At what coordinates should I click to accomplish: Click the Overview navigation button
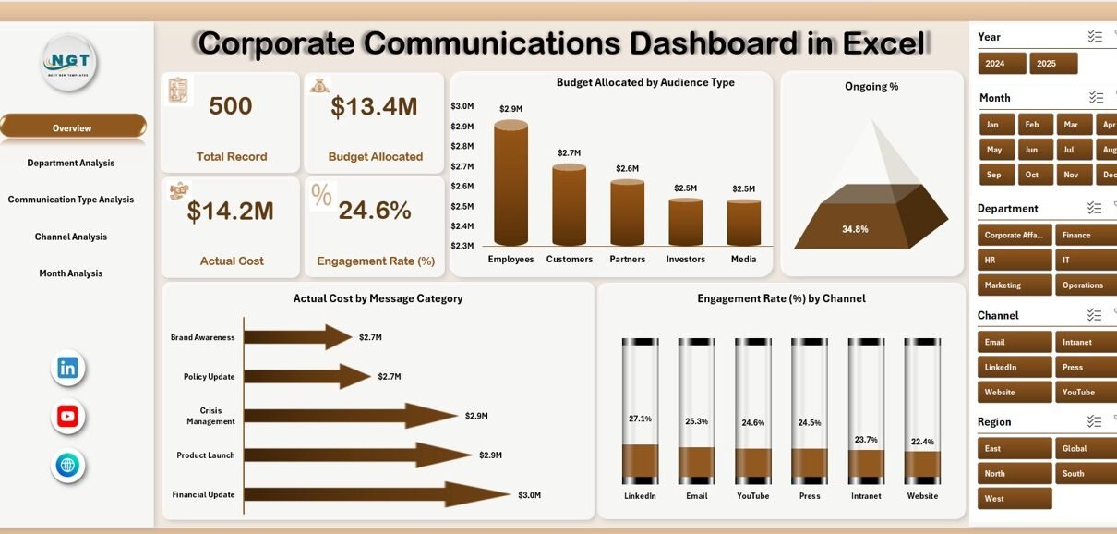pos(72,127)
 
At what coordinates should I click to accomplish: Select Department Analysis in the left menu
pos(71,163)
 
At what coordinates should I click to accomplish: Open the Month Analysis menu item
pos(71,273)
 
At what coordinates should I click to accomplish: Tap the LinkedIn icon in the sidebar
pos(67,368)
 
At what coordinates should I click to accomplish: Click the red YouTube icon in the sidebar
pos(67,417)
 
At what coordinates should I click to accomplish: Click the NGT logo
pos(68,62)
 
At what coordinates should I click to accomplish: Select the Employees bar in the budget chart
pos(510,185)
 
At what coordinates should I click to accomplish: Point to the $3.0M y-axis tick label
pos(462,106)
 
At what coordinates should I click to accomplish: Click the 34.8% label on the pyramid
pos(855,229)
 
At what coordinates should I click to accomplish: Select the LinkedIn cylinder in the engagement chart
pos(640,411)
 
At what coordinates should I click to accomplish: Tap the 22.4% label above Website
pos(922,442)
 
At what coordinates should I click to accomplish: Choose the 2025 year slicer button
pos(1053,64)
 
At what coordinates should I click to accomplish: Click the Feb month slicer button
pos(1032,125)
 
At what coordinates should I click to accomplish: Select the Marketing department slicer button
pos(1015,285)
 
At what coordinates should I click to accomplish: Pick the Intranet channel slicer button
pos(1086,342)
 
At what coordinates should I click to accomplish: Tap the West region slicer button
pos(1015,499)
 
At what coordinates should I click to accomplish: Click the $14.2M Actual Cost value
pos(231,212)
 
